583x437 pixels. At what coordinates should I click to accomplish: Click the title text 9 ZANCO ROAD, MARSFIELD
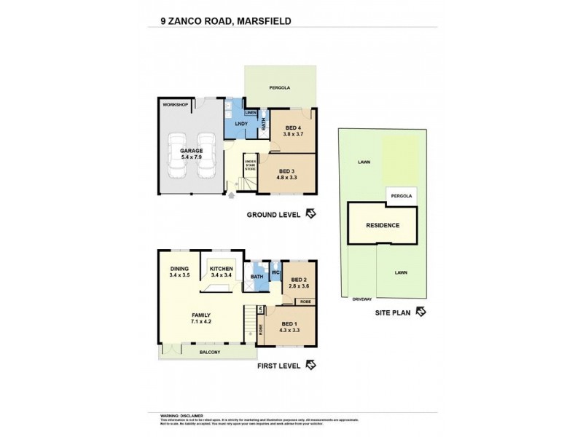226,21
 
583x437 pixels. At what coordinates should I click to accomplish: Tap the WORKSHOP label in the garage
175,106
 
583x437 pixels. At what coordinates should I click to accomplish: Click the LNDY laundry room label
241,125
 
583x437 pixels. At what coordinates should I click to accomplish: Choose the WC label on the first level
275,273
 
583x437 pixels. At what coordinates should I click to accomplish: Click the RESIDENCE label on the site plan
382,225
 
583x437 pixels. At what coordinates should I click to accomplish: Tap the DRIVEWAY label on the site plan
362,299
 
